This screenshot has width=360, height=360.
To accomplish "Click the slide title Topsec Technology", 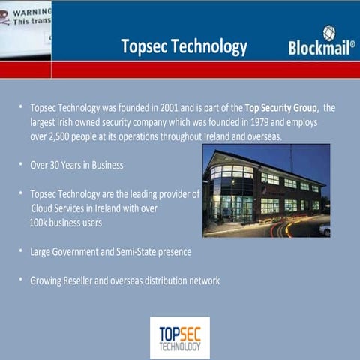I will pyautogui.click(x=184, y=46).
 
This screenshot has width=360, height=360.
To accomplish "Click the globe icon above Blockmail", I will pyautogui.click(x=329, y=31).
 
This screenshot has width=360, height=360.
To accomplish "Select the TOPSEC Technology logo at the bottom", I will pyautogui.click(x=179, y=337).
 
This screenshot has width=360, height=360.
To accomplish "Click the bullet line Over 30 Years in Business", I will pyautogui.click(x=76, y=164).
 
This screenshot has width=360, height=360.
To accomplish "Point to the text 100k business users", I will pyautogui.click(x=65, y=223).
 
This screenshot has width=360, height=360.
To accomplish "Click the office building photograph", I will pyautogui.click(x=265, y=190).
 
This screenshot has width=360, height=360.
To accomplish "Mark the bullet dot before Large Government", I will pyautogui.click(x=20, y=250).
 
